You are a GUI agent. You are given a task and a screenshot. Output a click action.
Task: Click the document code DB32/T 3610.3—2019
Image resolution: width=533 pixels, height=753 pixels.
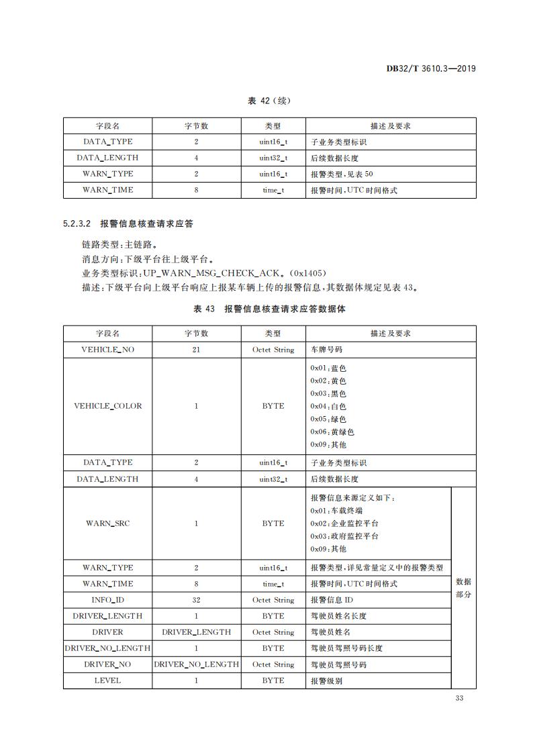click(x=432, y=68)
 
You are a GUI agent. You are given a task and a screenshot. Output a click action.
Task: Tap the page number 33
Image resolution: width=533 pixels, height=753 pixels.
click(x=460, y=699)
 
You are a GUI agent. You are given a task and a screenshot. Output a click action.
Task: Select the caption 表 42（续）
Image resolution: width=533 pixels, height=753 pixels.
click(x=269, y=101)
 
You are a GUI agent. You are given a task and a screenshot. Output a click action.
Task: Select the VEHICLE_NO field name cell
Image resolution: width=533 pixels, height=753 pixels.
click(x=107, y=350)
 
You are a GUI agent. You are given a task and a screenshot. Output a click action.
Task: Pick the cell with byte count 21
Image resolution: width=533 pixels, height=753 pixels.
click(x=196, y=350)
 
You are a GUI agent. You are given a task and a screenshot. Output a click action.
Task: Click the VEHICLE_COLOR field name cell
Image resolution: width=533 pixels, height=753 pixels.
click(x=107, y=406)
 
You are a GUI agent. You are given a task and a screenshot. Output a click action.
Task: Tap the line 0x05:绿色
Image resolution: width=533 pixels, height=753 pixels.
click(x=328, y=419)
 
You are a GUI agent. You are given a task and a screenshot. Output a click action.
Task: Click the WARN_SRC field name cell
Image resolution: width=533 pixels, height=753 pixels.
click(x=107, y=523)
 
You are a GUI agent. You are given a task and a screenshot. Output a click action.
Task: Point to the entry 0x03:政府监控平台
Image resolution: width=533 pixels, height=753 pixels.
click(x=344, y=536)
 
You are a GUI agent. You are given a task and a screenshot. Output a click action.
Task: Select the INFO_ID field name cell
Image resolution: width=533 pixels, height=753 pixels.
click(x=107, y=600)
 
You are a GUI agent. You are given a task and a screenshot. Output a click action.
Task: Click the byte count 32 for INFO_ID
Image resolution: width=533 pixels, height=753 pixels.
click(x=196, y=600)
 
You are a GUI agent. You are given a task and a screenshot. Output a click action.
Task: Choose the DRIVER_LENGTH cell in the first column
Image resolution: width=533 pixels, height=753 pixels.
click(x=107, y=616)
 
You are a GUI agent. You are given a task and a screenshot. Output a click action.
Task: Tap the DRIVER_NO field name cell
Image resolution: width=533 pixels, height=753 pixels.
click(x=107, y=664)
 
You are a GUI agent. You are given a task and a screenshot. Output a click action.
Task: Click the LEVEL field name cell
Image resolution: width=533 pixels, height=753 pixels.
click(x=107, y=681)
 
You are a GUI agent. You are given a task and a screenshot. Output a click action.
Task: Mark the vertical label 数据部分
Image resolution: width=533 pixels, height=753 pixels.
click(x=463, y=588)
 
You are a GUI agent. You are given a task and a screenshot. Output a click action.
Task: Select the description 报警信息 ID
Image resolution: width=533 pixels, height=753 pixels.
click(x=332, y=600)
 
